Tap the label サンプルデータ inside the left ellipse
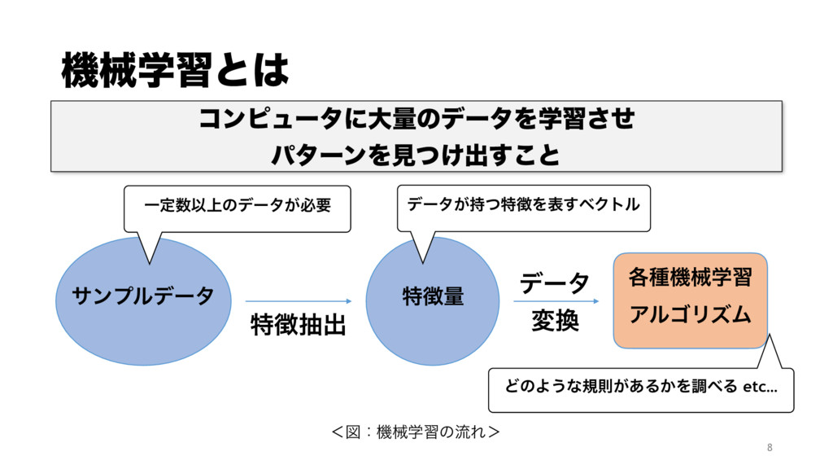(x=143, y=295)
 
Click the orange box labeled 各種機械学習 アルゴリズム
(x=690, y=300)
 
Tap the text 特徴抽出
(x=299, y=326)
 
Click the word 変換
(x=555, y=322)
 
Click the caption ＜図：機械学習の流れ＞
(x=416, y=428)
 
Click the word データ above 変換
(x=555, y=283)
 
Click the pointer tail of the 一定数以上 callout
(x=150, y=248)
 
